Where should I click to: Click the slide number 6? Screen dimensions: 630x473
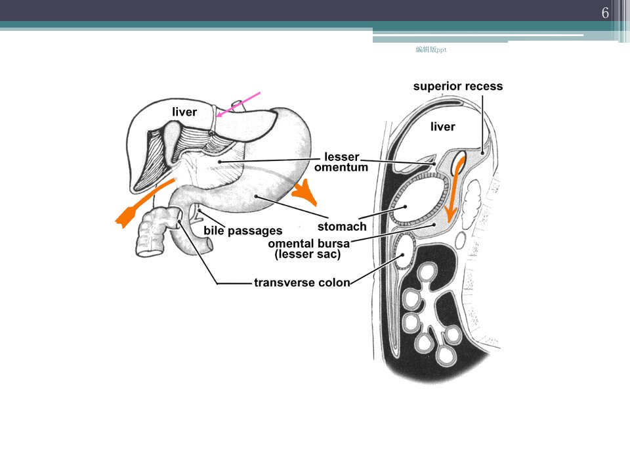tap(605, 13)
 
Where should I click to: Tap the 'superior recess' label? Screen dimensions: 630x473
tap(458, 86)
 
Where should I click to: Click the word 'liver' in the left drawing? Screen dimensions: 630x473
tap(184, 112)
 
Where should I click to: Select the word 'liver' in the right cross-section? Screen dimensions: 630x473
tap(443, 127)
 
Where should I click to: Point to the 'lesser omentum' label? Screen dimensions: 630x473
tap(341, 162)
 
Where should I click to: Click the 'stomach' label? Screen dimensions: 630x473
tap(342, 227)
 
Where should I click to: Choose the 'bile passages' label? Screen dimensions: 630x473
tap(243, 231)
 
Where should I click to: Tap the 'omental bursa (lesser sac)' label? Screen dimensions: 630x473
tap(308, 248)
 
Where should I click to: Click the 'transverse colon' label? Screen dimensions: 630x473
tap(302, 282)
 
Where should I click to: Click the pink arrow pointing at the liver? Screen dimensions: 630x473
tap(239, 104)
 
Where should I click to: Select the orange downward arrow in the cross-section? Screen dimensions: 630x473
tap(454, 189)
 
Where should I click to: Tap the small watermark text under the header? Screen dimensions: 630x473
tap(431, 49)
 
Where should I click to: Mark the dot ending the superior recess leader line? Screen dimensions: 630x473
tap(482, 152)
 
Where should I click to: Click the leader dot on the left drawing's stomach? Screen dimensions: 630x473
tap(256, 196)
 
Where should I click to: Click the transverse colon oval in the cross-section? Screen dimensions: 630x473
tap(404, 252)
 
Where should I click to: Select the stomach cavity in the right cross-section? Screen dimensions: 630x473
tap(418, 200)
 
